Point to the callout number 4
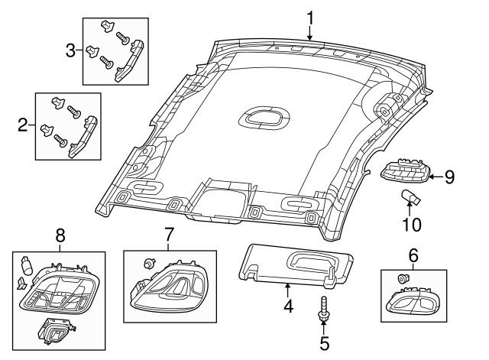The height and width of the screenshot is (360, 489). pos(287,308)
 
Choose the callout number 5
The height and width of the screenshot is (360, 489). pos(324,344)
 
